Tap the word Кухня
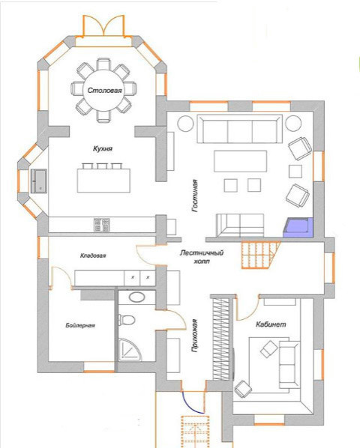[103, 149]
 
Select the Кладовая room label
[93, 256]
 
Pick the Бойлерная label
[79, 325]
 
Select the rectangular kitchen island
[102, 178]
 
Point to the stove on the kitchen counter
[102, 224]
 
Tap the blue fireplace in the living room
[298, 226]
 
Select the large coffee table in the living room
[240, 161]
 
